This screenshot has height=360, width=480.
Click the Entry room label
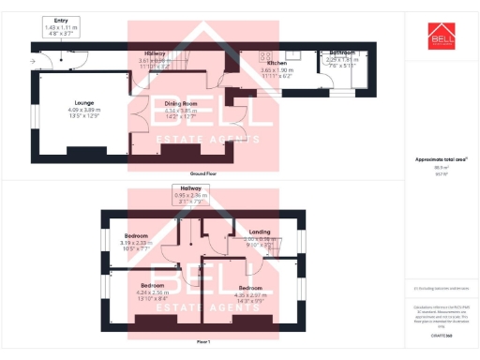click(x=62, y=20)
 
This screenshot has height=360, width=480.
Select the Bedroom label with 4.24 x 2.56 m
click(x=153, y=284)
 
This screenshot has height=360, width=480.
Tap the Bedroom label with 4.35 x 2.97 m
click(x=249, y=287)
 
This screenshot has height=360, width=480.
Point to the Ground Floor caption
click(x=203, y=174)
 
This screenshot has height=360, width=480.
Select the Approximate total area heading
click(x=441, y=160)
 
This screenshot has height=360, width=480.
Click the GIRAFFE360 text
click(x=442, y=334)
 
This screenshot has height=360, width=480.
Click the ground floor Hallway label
click(x=156, y=53)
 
